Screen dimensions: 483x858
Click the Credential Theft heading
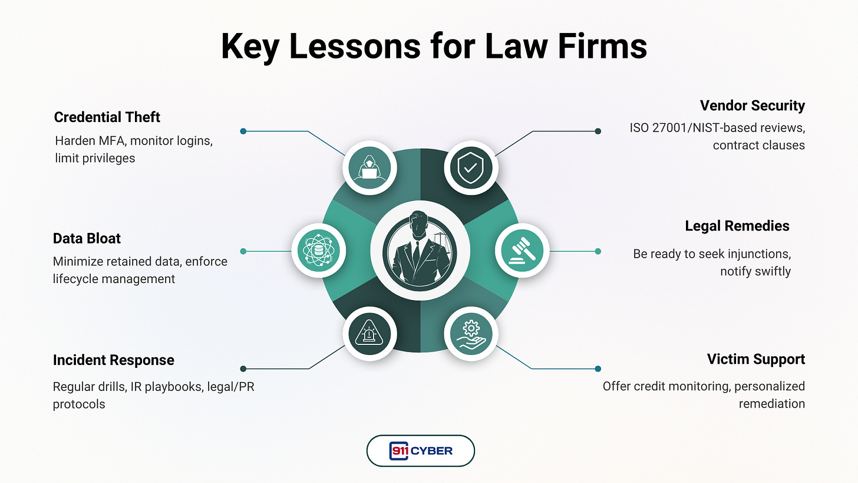107,117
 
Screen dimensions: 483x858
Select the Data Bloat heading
87,238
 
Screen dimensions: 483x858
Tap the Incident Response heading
113,360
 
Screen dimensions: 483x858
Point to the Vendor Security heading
752,106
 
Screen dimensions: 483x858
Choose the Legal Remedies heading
737,226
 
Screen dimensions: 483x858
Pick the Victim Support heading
755,359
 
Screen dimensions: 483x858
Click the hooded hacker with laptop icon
370,167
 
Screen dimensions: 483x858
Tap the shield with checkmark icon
471,167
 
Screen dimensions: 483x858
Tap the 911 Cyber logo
420,451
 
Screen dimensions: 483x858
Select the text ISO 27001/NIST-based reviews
717,128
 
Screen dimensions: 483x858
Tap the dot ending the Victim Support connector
598,369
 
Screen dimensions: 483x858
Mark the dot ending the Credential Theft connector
243,131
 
